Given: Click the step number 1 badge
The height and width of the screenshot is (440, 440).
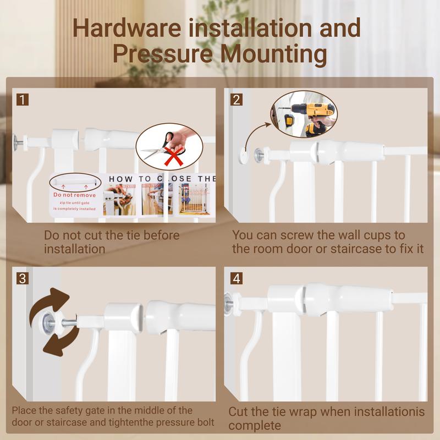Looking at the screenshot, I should pyautogui.click(x=22, y=100).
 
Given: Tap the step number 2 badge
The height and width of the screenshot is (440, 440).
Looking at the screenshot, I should pyautogui.click(x=237, y=100).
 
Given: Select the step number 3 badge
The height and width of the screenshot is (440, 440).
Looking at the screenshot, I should pyautogui.click(x=22, y=278).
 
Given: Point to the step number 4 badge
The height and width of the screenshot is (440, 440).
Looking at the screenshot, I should pyautogui.click(x=237, y=278).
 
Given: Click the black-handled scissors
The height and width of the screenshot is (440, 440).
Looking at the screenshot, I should pyautogui.click(x=159, y=143).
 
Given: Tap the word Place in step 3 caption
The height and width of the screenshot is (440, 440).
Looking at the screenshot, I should pyautogui.click(x=25, y=410).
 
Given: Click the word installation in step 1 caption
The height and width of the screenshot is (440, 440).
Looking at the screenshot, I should pyautogui.click(x=75, y=249).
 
